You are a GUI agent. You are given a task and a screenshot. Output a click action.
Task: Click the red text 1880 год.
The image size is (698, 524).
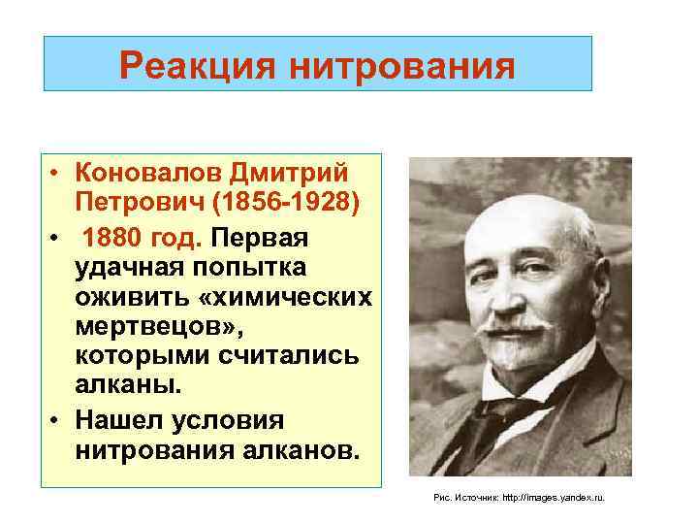click(143, 237)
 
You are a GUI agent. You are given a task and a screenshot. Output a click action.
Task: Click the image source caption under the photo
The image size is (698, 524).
click(519, 496)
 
